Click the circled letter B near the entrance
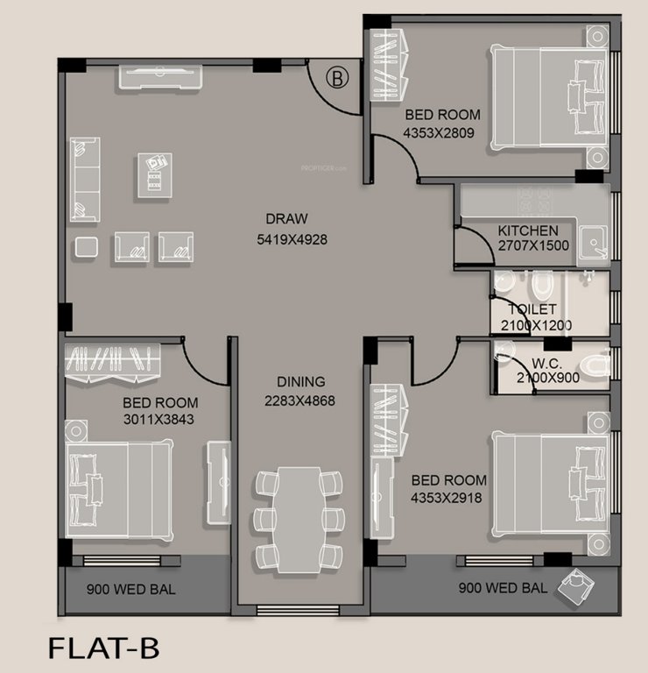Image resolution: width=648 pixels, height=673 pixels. (337, 77)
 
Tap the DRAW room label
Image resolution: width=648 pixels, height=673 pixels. (287, 219)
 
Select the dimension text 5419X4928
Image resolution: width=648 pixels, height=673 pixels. (292, 238)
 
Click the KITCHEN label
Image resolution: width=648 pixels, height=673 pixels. (527, 230)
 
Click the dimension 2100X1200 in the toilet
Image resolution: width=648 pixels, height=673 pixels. (536, 325)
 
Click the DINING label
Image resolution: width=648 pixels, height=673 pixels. (300, 382)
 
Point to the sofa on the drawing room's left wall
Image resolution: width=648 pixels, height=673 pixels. (84, 180)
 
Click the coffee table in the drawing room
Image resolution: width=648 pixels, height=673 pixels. (155, 173)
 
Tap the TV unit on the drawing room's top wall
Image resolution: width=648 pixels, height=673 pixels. (162, 77)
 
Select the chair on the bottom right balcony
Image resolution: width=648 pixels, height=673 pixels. (580, 587)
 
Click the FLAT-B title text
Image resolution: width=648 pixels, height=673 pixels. (103, 649)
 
